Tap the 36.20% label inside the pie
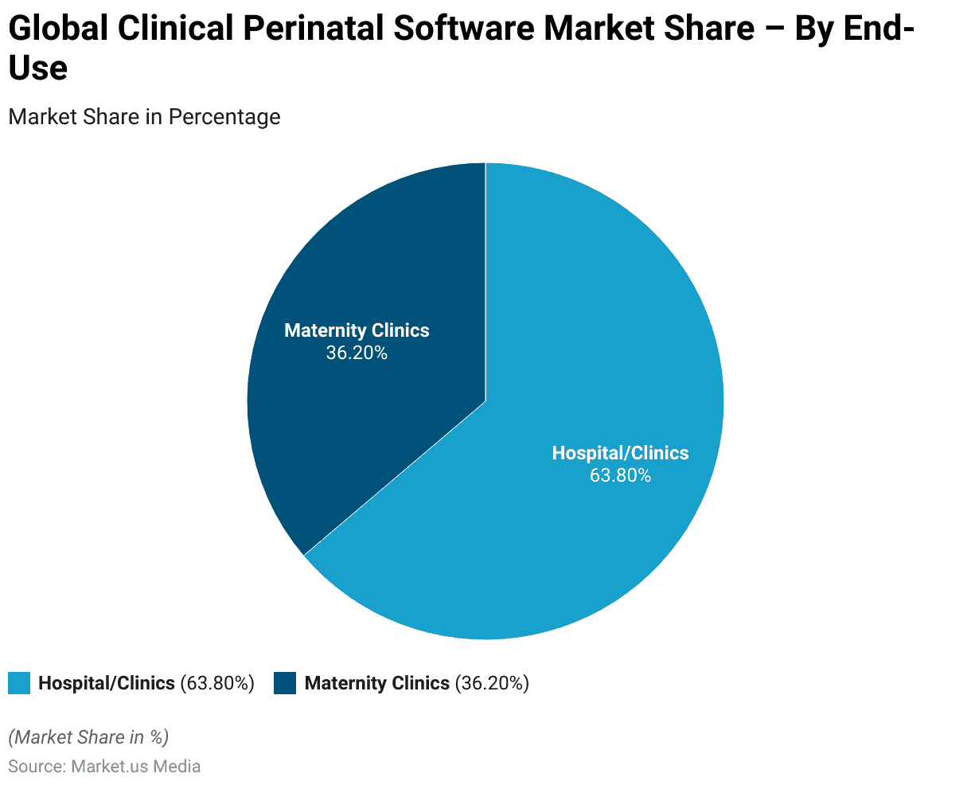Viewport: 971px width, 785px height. [x=357, y=353]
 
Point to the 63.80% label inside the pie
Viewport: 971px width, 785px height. [x=620, y=475]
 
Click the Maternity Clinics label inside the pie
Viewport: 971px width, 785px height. [x=357, y=330]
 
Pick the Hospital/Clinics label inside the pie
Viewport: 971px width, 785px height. [x=620, y=453]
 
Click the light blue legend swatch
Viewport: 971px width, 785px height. [x=19, y=683]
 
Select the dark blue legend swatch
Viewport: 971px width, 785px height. [x=284, y=683]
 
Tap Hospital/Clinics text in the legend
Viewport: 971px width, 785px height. [x=107, y=683]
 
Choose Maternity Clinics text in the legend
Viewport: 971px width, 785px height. [x=377, y=683]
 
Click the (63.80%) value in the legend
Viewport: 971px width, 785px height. [x=217, y=683]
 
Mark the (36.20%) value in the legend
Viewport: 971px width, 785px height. [x=492, y=683]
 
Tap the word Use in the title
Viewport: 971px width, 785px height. [x=37, y=68]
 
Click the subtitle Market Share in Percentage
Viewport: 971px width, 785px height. [x=144, y=117]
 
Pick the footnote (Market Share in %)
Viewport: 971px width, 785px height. [x=88, y=737]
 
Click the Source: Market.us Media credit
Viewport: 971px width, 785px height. [x=104, y=767]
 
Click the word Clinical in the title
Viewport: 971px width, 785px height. [x=174, y=29]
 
